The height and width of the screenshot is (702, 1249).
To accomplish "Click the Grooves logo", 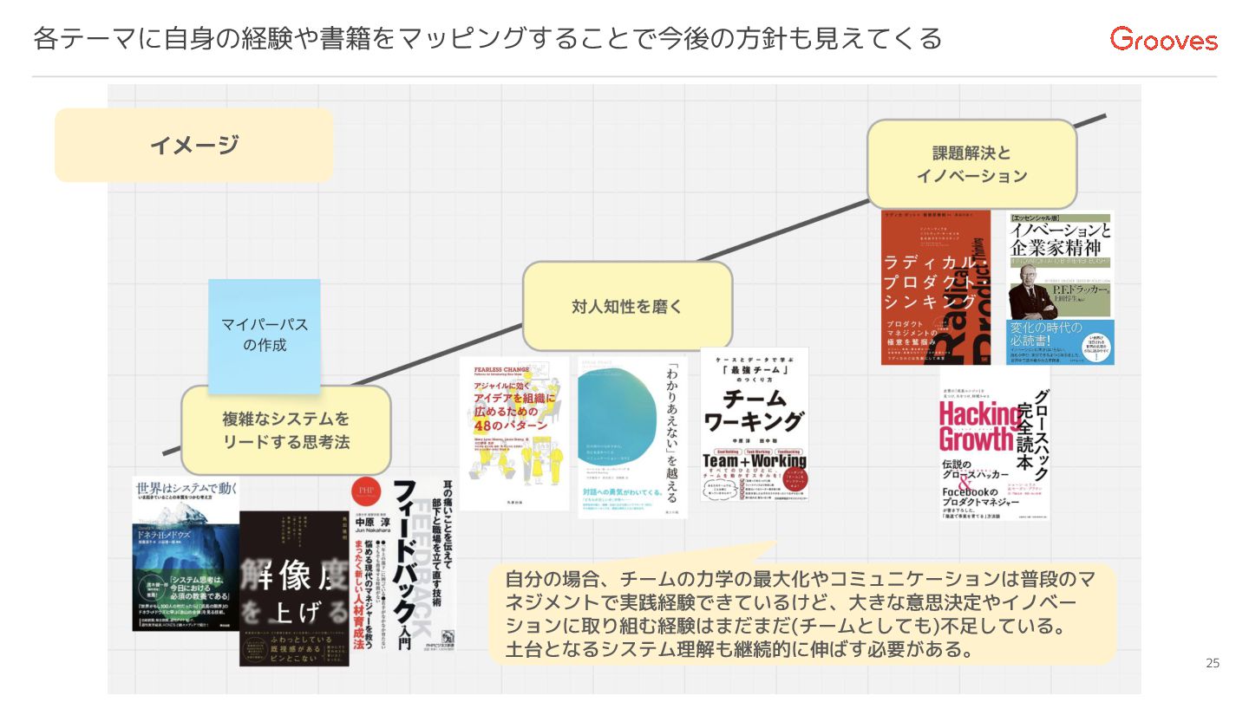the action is [1164, 39].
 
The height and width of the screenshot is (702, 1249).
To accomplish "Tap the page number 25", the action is [1213, 664].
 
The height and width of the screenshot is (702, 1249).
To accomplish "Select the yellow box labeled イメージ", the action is [193, 145].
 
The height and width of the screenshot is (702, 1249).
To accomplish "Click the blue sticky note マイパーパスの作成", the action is [264, 335].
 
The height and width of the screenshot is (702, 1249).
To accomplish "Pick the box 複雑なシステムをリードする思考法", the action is [285, 430].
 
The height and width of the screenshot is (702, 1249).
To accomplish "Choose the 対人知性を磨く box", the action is [627, 305].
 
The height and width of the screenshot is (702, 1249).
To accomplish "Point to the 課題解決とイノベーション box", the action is [971, 164].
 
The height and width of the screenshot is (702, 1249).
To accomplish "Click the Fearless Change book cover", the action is [513, 433].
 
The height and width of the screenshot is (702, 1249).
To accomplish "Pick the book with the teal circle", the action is [632, 438].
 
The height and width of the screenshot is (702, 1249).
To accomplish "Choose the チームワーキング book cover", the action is [754, 425].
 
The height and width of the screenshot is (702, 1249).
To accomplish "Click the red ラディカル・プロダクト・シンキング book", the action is [935, 287].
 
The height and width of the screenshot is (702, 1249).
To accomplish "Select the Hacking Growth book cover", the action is [994, 446].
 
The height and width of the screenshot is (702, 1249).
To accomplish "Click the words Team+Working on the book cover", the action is [754, 462].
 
